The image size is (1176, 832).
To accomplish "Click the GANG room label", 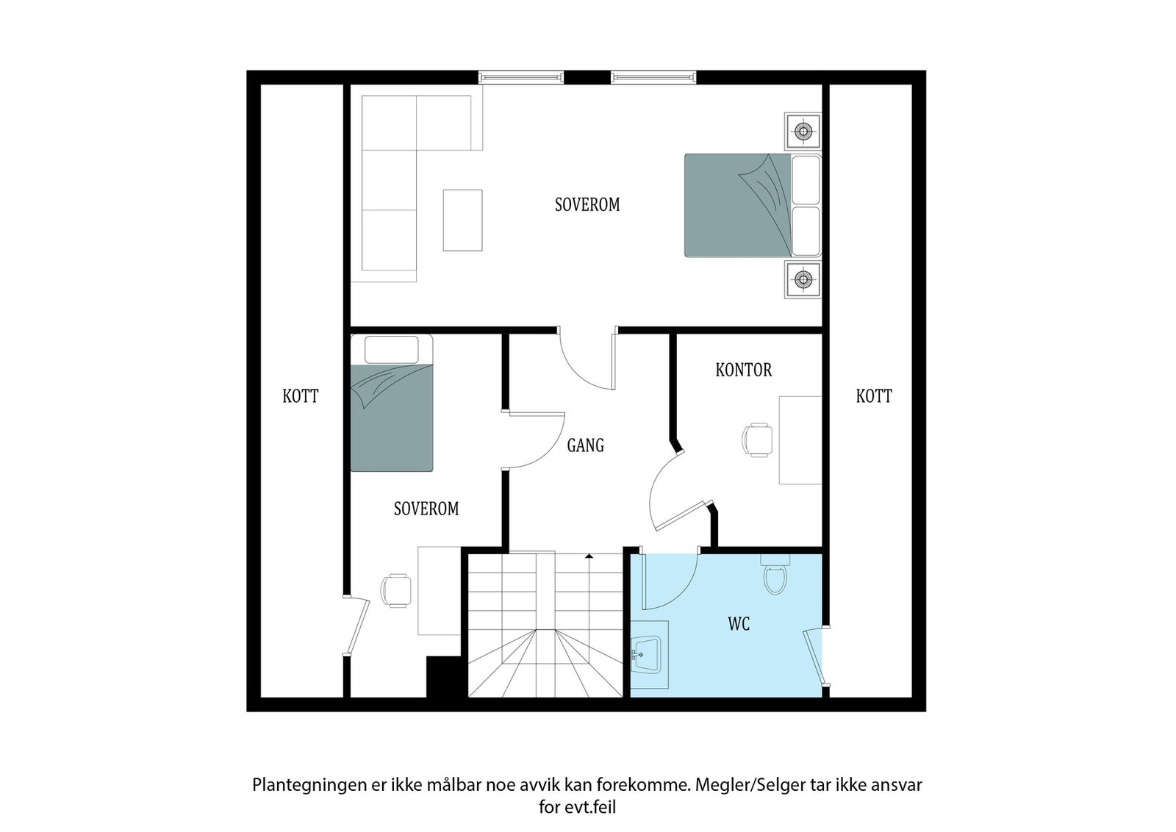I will (x=586, y=445).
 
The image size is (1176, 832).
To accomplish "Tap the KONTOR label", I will (x=744, y=370).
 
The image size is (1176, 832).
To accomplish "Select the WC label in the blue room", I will (x=739, y=624).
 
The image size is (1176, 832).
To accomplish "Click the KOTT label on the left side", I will (x=301, y=396).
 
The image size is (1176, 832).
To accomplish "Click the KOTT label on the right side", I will (x=874, y=396).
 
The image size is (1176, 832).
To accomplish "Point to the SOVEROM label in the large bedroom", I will (x=587, y=204).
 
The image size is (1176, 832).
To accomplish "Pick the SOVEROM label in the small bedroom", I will (x=426, y=509).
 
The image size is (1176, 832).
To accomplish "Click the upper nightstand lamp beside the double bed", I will (x=803, y=132).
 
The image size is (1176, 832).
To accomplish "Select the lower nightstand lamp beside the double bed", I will (x=803, y=279).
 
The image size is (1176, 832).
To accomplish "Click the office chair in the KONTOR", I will (x=757, y=440).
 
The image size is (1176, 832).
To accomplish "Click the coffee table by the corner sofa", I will (x=462, y=220).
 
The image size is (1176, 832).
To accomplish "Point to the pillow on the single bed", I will (x=391, y=349).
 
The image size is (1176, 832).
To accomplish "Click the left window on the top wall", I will (x=521, y=76).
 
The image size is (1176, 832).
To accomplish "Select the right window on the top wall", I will (x=653, y=76).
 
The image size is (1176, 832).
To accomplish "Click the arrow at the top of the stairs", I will (x=589, y=557).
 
